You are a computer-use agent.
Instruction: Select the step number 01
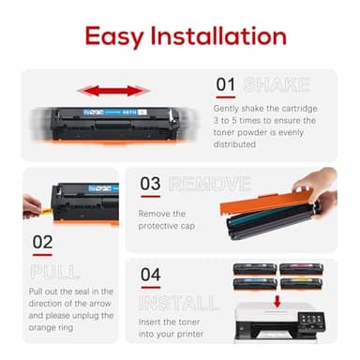[x=226, y=84]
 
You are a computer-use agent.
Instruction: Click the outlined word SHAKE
[x=277, y=85]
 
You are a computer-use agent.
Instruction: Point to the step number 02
[x=42, y=241]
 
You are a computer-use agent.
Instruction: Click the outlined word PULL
[x=54, y=272]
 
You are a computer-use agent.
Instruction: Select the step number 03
[x=151, y=183]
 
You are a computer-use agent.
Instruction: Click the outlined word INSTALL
[x=177, y=303]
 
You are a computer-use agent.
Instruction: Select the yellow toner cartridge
[x=301, y=283]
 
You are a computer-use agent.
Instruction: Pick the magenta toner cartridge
[x=301, y=269]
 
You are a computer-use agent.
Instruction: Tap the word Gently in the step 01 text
[x=229, y=109]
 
